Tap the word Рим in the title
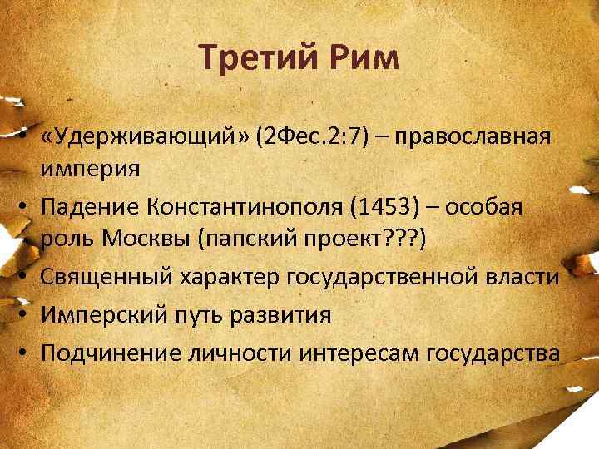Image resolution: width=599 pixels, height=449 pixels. coord(362,58)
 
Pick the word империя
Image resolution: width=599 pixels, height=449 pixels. coord(91,167)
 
